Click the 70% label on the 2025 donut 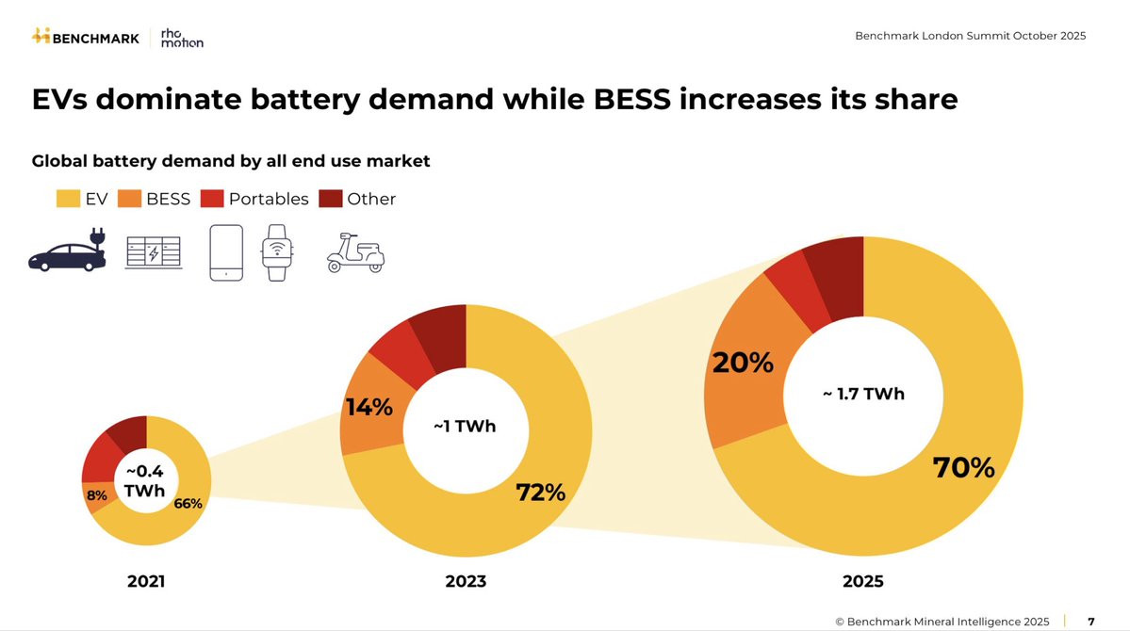click(963, 467)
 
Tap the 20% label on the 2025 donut click(743, 363)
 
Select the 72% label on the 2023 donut click(540, 492)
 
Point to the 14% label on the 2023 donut click(368, 408)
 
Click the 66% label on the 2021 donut click(188, 503)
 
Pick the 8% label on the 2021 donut click(97, 495)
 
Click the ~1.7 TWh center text click(863, 394)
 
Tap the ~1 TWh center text click(465, 427)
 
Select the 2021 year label click(146, 581)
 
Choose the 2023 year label click(466, 581)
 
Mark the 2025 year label click(863, 581)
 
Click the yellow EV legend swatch click(68, 199)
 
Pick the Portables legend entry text click(269, 199)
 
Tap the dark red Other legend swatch click(330, 199)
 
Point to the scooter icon click(354, 251)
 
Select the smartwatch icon click(276, 251)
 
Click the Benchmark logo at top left click(86, 37)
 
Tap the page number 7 click(1091, 622)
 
